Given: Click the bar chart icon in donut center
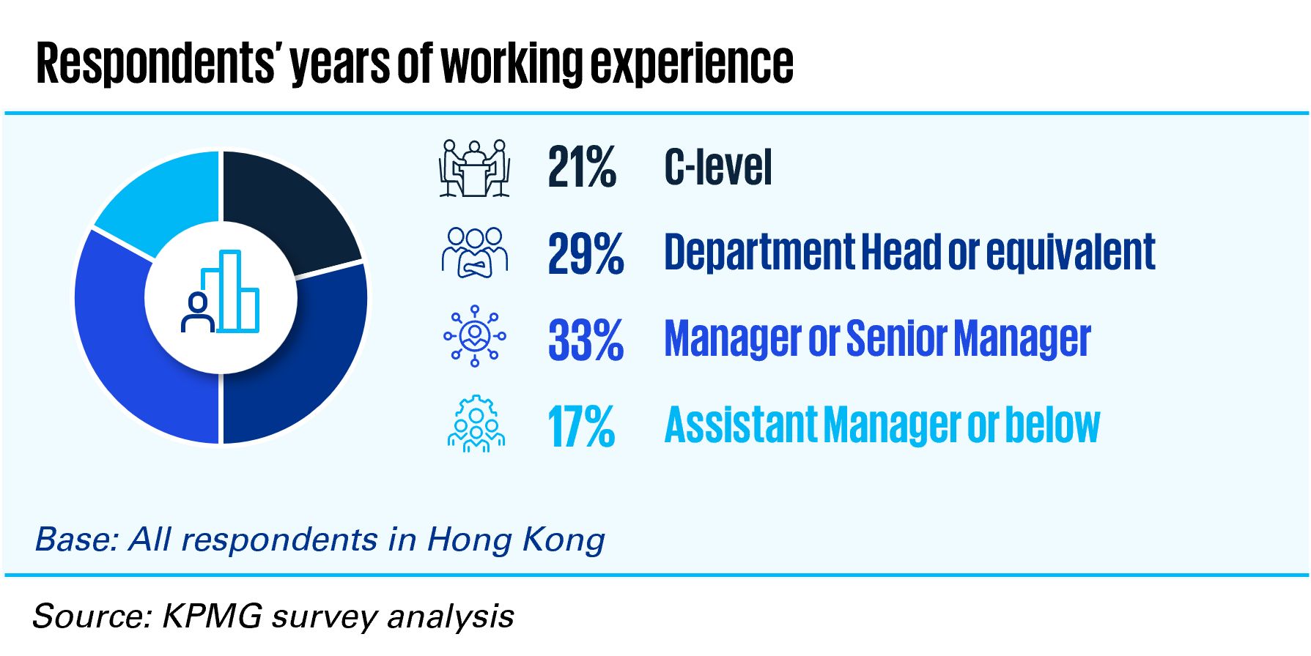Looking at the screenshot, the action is point(220,291).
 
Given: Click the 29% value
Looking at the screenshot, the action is point(586,253).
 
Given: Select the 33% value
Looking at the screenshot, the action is point(586,340).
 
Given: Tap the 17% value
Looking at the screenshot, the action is point(581,426).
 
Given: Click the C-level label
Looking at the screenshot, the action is point(718,167).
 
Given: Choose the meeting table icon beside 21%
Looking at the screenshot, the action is point(475,168).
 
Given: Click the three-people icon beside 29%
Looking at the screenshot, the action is point(475,253).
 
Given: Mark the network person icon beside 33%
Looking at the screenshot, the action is point(475,336).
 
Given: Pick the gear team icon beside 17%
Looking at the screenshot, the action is point(476,424).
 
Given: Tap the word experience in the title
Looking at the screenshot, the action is point(693,64).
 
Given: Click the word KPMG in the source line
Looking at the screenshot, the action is point(212,616).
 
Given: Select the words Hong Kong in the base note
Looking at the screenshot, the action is point(516,541).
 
